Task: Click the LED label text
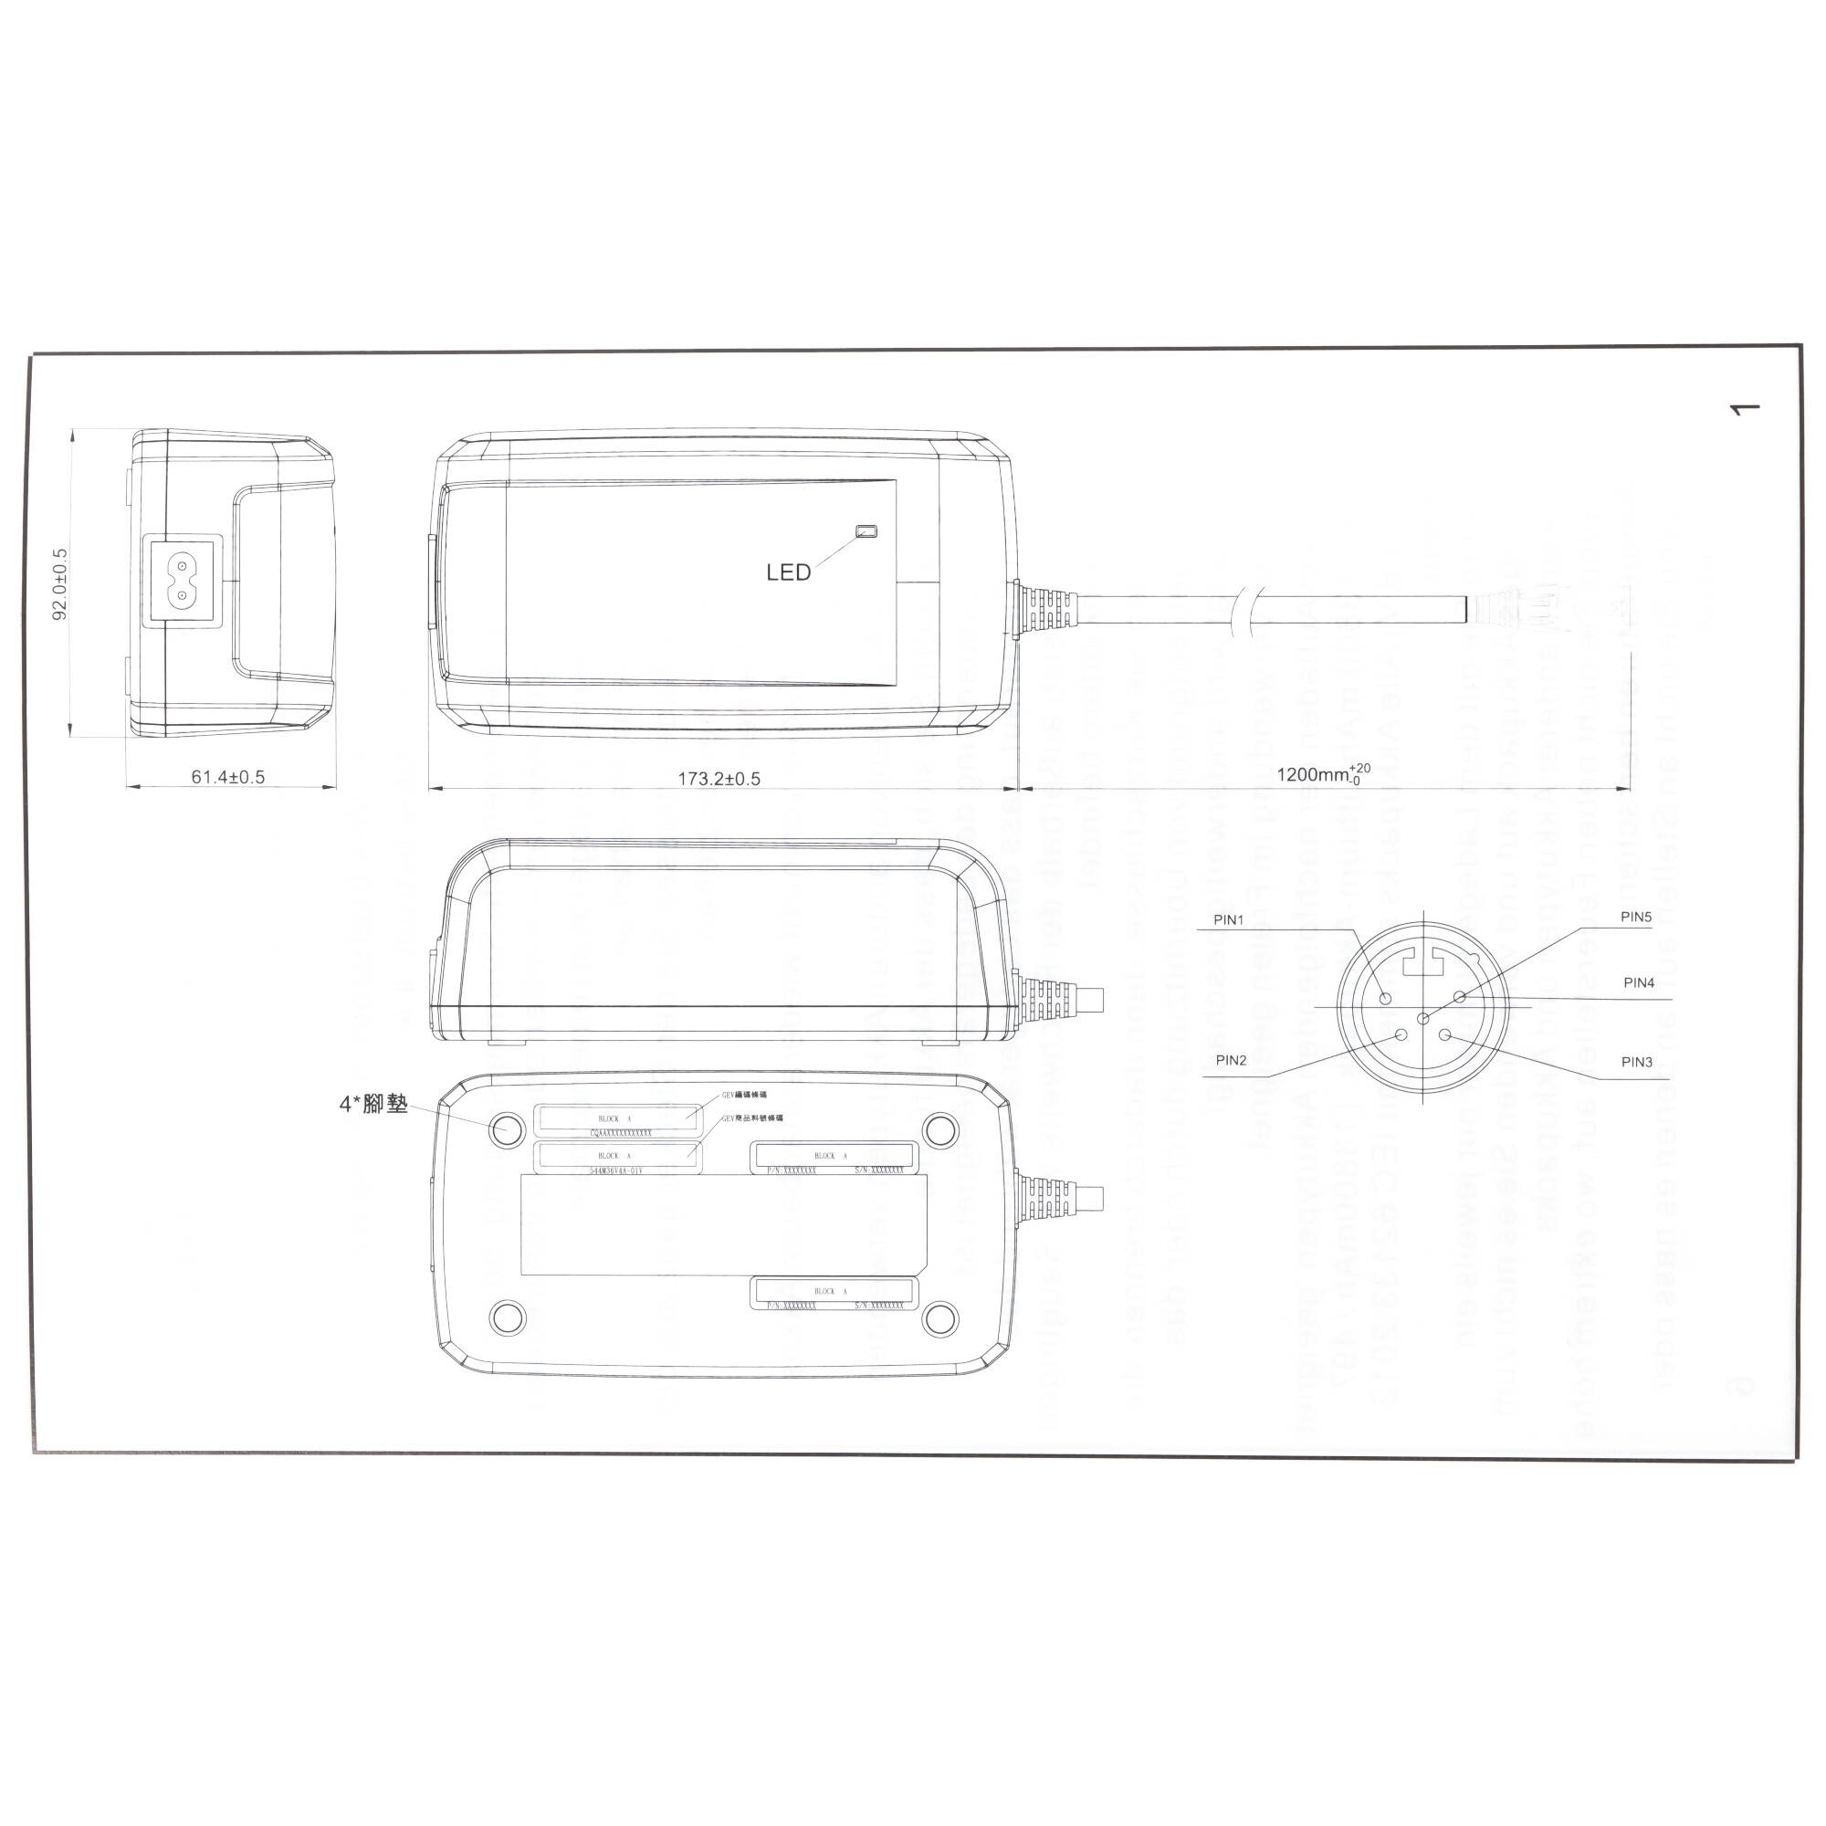coord(788,572)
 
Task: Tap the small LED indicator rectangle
coord(866,531)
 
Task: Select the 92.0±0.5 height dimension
coord(60,583)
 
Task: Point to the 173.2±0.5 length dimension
coord(719,779)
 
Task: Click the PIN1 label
coord(1229,919)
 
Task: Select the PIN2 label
coord(1231,1059)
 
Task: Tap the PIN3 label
coord(1636,1062)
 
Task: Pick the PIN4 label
coord(1639,982)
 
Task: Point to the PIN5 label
coord(1636,916)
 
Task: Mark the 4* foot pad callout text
coord(373,1104)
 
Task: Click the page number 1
coord(1744,409)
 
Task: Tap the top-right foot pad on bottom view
coord(939,1128)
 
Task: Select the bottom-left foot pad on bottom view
coord(508,1316)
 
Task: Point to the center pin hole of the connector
coord(1423,1018)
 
